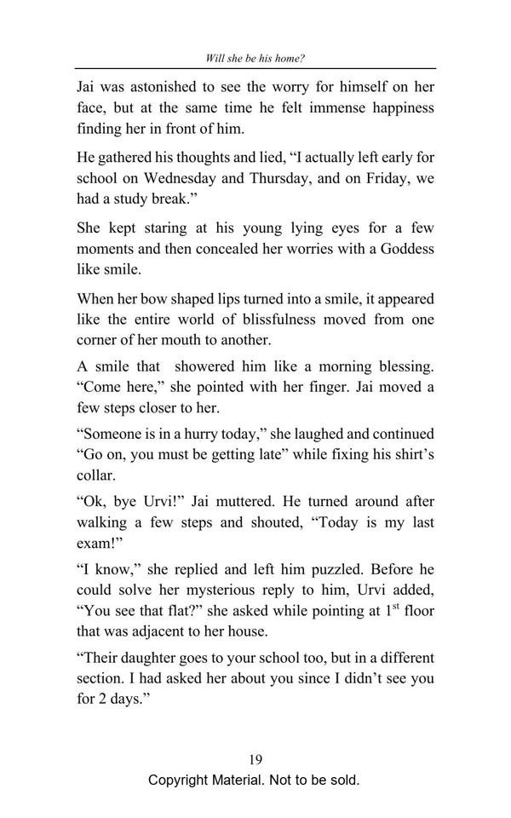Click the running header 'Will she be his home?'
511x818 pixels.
(x=255, y=59)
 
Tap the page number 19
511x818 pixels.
(x=255, y=759)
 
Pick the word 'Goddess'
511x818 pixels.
(x=402, y=249)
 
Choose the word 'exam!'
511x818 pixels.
(x=99, y=543)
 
